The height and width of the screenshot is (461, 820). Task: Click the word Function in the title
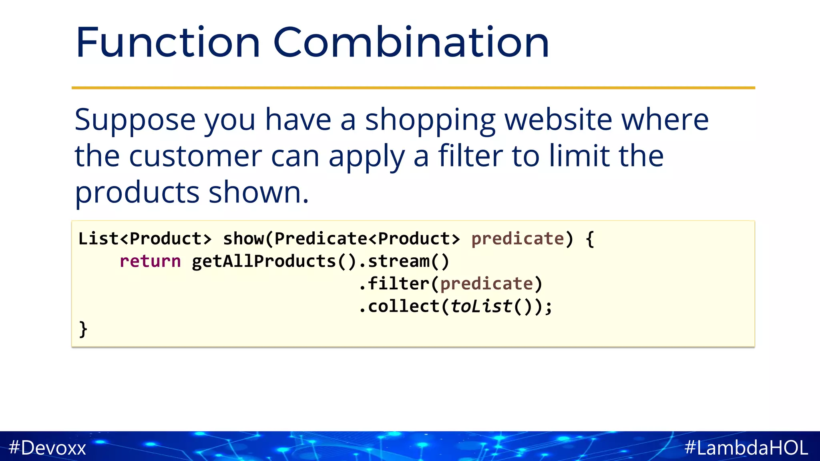tap(168, 42)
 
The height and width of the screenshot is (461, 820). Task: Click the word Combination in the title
tap(411, 42)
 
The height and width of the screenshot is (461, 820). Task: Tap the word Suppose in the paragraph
tap(135, 120)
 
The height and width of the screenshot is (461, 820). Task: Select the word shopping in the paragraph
tap(430, 120)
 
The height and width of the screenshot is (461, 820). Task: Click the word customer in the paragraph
tap(195, 156)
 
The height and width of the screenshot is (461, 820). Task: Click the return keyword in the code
tap(150, 261)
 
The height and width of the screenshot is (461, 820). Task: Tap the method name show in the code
tap(243, 239)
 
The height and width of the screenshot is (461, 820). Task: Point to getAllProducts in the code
tap(263, 261)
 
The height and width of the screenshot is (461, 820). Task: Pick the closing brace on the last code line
tap(83, 329)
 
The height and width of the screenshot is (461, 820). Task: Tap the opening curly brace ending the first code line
tap(589, 239)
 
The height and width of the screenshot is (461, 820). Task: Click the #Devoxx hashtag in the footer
tap(47, 447)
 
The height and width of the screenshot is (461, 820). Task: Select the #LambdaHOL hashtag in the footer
tap(746, 447)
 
